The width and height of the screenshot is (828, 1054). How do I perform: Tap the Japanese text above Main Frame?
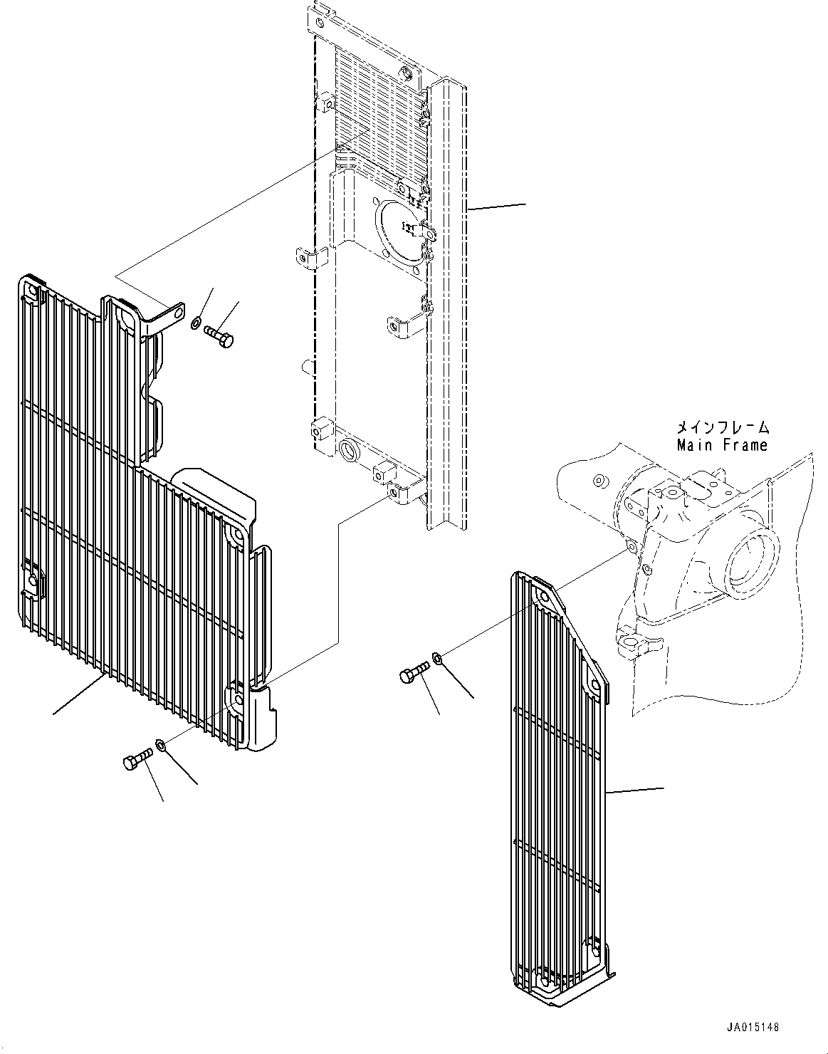coord(723,427)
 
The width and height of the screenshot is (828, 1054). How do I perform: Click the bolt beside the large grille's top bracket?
coord(219,336)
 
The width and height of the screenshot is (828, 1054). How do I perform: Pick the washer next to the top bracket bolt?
coord(195,323)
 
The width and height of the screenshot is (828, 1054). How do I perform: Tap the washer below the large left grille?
coord(160,744)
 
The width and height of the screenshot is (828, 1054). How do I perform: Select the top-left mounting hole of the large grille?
coord(32,293)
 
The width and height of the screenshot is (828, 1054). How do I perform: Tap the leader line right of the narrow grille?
coord(635,791)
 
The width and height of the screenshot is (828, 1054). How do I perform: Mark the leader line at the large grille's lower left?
coord(80,694)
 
